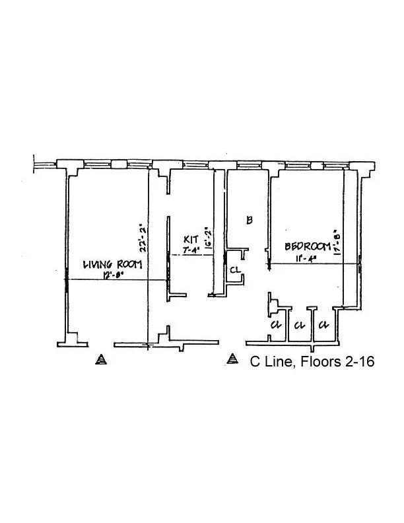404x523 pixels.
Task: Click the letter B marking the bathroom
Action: [x=250, y=221]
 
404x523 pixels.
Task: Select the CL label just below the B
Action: [x=235, y=269]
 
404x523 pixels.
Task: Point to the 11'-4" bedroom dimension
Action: [x=304, y=258]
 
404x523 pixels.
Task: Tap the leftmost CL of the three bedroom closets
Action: [x=276, y=325]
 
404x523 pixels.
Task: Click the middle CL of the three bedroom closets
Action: [x=299, y=325]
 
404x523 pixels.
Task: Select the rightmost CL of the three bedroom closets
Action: [x=323, y=325]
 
